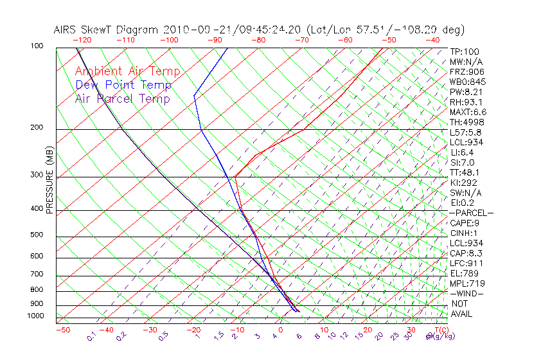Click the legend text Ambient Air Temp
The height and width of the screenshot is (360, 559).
pos(127,71)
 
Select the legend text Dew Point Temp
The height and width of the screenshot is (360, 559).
pos(123,85)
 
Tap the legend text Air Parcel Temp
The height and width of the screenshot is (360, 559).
pos(122,98)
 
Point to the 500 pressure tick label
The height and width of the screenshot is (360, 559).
pos(37,235)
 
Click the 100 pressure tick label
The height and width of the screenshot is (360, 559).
pos(37,46)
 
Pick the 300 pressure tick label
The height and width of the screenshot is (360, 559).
pos(37,175)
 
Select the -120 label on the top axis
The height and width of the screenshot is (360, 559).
pos(82,40)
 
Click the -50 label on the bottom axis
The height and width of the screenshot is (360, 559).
pos(62,330)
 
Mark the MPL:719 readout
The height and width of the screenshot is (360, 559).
pos(466,283)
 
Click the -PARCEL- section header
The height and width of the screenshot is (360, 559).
pos(471,213)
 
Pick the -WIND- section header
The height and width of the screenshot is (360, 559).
pos(466,294)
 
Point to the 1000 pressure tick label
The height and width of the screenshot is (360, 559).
pos(35,316)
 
